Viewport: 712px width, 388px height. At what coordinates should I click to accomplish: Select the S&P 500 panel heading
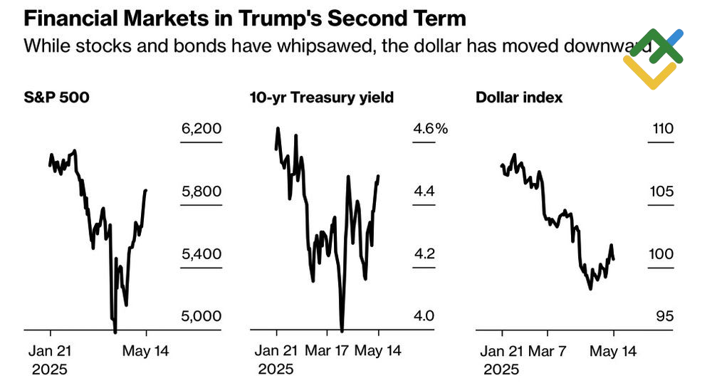click(x=57, y=98)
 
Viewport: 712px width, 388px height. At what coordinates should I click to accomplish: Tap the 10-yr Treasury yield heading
click(x=322, y=98)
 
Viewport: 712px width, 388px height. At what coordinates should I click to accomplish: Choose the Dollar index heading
click(x=519, y=98)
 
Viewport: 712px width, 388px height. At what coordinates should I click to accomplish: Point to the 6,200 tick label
click(x=202, y=129)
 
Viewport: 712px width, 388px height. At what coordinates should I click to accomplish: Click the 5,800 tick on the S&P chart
click(x=202, y=191)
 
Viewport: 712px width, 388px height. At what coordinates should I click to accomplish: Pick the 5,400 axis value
click(x=202, y=253)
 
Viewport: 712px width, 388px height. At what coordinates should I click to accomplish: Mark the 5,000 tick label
click(x=202, y=315)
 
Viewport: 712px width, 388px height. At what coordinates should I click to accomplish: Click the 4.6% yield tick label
click(x=430, y=129)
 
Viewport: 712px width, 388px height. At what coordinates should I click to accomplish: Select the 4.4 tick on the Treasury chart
click(x=424, y=191)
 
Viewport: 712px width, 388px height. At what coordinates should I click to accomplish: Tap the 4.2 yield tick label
click(x=424, y=253)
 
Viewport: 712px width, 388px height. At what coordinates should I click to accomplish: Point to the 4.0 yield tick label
click(x=424, y=315)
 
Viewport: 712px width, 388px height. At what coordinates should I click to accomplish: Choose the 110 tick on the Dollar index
click(x=662, y=129)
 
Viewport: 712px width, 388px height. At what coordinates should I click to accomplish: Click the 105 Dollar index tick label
click(x=662, y=191)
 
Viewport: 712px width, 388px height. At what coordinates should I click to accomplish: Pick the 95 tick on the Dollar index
click(x=664, y=315)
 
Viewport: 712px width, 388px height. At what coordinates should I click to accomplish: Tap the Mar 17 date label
click(x=328, y=351)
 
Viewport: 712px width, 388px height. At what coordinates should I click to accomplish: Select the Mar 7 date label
click(x=548, y=351)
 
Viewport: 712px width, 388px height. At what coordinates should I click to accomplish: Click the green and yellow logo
click(x=654, y=59)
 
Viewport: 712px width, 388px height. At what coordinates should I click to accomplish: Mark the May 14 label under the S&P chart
click(x=147, y=351)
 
